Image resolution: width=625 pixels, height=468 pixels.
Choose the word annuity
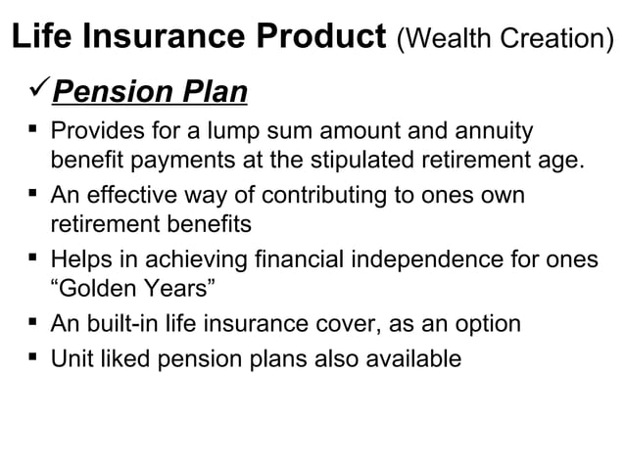[x=496, y=130]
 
